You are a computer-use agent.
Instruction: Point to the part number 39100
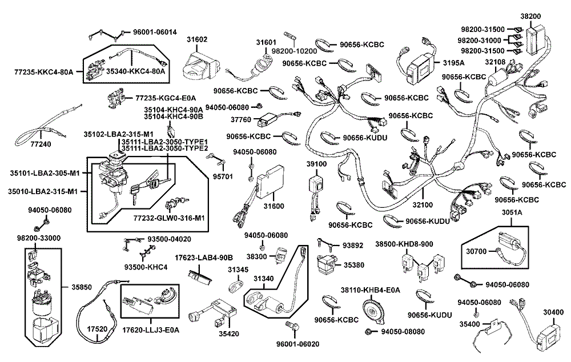pyautogui.click(x=316, y=164)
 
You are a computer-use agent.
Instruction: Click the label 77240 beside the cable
pyautogui.click(x=37, y=144)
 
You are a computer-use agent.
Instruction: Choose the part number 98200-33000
pyautogui.click(x=39, y=238)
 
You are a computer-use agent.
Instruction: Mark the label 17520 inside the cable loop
pyautogui.click(x=98, y=329)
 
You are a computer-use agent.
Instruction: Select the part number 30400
pyautogui.click(x=553, y=312)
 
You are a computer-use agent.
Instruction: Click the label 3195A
pyautogui.click(x=454, y=63)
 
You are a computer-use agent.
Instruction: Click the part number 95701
pyautogui.click(x=223, y=176)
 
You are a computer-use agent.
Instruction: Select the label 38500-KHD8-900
pyautogui.click(x=404, y=244)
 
